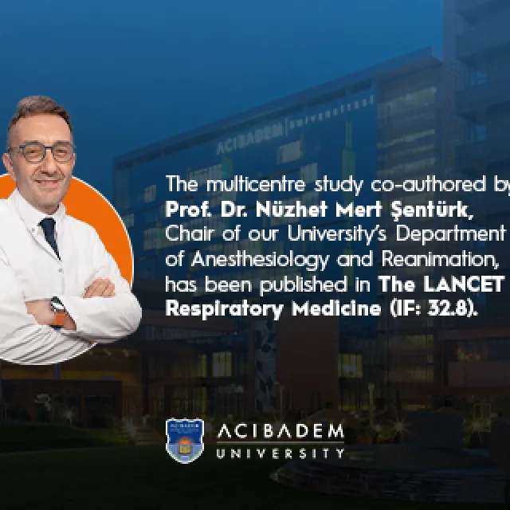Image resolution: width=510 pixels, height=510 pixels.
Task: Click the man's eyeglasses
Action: pos(42,151)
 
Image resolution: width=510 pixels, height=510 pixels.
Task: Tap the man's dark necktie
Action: pos(49,236)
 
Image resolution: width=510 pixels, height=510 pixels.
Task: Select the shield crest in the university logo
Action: pos(184,440)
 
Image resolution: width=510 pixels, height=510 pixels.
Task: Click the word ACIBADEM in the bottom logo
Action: pos(280,432)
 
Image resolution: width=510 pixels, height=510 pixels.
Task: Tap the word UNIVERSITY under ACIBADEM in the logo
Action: pos(280,453)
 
